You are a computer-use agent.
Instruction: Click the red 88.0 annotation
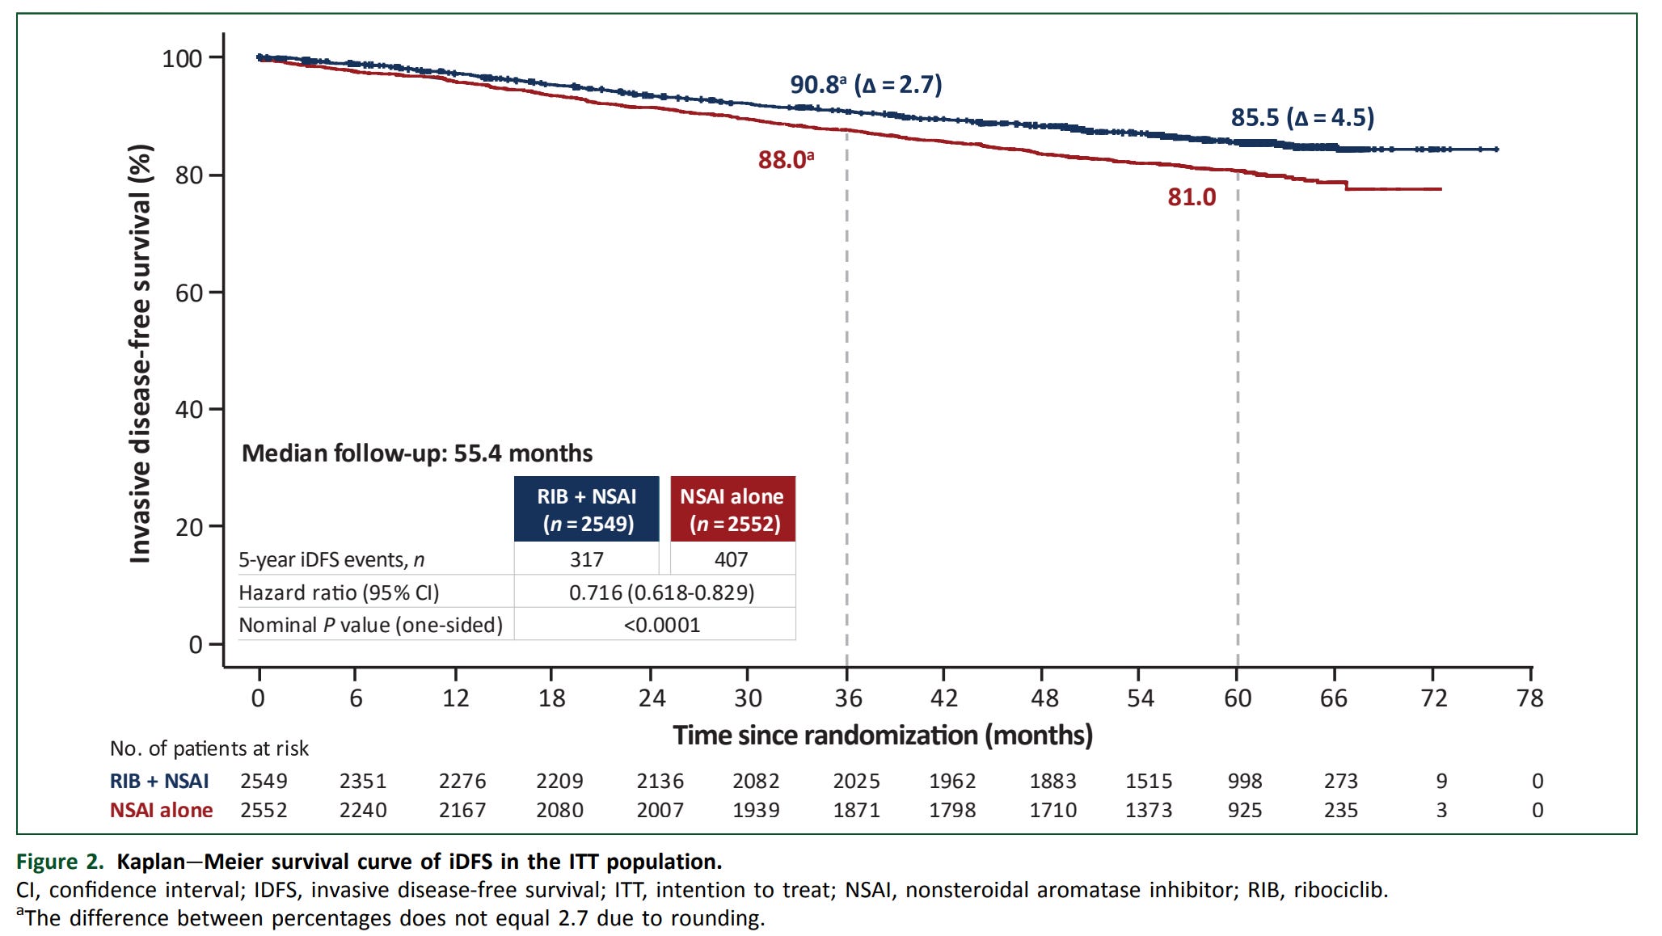(x=785, y=160)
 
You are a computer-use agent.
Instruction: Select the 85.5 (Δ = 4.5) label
(x=1301, y=118)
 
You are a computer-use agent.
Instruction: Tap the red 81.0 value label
(x=1191, y=197)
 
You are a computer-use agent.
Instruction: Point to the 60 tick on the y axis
(x=189, y=293)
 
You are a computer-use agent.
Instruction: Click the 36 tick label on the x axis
(x=848, y=698)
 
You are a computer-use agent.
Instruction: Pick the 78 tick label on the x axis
(x=1529, y=698)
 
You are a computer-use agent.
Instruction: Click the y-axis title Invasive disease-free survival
(x=141, y=353)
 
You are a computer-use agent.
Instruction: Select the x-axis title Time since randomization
(x=882, y=736)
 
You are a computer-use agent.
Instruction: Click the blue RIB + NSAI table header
(x=587, y=509)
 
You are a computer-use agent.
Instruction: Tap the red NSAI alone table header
(x=732, y=509)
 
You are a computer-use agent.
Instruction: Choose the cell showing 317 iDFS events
(x=587, y=559)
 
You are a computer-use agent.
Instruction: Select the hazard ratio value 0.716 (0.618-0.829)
(x=661, y=592)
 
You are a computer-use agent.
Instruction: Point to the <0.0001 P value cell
(x=661, y=625)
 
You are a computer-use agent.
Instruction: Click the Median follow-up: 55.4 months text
(x=417, y=453)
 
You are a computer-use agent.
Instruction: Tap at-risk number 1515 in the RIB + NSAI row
(x=1148, y=782)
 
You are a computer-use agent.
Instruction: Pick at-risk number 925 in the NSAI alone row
(x=1244, y=810)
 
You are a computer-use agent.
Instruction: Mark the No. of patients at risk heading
(x=209, y=748)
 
